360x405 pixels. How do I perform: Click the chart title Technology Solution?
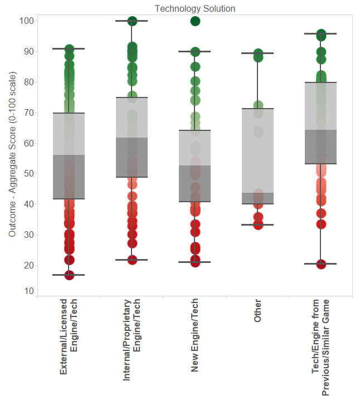point(194,8)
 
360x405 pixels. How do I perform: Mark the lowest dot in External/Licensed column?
point(69,275)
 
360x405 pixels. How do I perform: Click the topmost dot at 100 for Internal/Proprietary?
point(133,21)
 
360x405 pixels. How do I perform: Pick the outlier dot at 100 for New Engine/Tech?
point(195,21)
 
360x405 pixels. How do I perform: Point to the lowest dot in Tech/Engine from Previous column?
point(321,264)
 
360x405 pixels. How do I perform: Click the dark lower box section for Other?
point(257,198)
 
